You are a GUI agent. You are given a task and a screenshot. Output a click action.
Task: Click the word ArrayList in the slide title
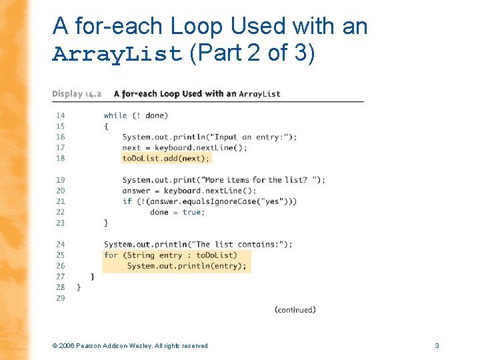coord(117,54)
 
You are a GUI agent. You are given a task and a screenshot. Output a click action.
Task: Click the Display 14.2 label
coord(77,94)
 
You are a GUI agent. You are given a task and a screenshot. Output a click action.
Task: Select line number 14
coord(61,115)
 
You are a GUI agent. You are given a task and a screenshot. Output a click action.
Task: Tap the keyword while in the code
coord(115,115)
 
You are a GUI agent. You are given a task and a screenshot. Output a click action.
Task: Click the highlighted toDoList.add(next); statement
coord(166,158)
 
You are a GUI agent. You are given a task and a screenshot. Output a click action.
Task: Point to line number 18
coord(61,158)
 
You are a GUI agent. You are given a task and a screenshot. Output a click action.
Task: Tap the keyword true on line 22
coord(192,212)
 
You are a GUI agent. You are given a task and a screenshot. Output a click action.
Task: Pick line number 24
coord(61,244)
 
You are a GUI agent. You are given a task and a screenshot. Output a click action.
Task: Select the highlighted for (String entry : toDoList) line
coord(170,255)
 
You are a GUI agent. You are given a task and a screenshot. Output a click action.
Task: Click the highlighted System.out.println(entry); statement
coord(187,265)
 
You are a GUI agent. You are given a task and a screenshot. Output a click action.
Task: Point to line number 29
coord(61,298)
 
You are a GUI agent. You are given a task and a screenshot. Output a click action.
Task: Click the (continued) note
coord(295,309)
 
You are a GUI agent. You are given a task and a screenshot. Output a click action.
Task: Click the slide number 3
coord(437,345)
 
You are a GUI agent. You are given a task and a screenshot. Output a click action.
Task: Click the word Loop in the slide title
coord(197,26)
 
